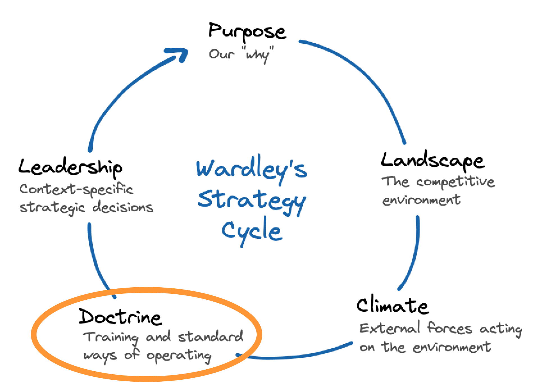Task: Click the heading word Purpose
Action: point(247,31)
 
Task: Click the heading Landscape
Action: point(432,161)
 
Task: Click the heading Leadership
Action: point(70,167)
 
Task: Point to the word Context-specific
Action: point(76,190)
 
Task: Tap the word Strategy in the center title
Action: point(251,200)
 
